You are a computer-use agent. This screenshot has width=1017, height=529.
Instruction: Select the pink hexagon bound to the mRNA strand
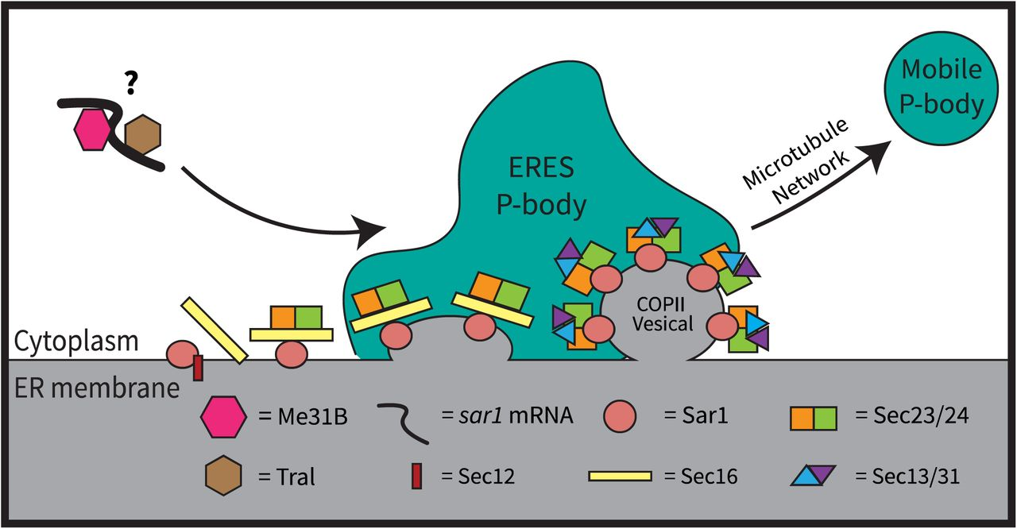tap(93, 129)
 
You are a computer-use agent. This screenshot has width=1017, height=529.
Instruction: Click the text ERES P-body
tap(541, 187)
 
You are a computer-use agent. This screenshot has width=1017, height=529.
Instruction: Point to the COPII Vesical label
tap(659, 315)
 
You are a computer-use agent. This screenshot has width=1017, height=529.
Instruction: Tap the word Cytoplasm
tap(77, 342)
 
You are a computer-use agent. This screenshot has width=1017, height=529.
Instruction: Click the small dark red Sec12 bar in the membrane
tap(199, 368)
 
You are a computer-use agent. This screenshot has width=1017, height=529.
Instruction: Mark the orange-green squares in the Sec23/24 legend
tap(814, 417)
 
